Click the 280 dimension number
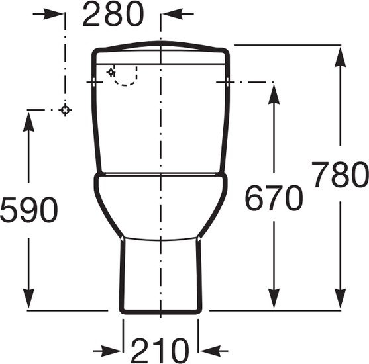coord(113,14)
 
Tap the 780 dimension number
coord(341,174)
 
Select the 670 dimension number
coord(274,198)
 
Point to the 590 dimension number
coord(28,210)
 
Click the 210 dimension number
coord(160,351)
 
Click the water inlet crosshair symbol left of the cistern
coord(66,110)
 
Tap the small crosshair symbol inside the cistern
coord(111,72)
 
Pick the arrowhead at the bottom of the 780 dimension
coord(340,298)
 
